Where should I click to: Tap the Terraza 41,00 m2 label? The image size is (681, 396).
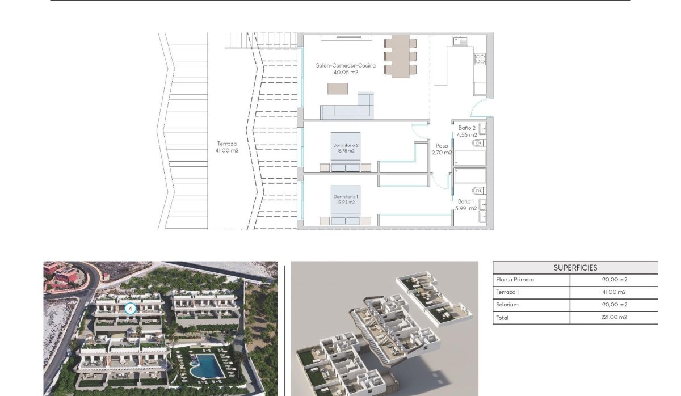click(x=226, y=148)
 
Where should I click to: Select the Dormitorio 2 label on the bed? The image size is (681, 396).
click(x=345, y=148)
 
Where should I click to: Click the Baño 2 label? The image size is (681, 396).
click(x=467, y=131)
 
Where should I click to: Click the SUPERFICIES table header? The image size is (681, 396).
click(x=575, y=268)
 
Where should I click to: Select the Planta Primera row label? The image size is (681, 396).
click(x=515, y=280)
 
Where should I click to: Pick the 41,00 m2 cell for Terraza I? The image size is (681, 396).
click(x=613, y=292)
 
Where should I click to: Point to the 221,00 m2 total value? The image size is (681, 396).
click(x=613, y=318)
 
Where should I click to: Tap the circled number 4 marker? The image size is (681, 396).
click(x=131, y=309)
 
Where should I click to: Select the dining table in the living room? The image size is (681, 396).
click(x=400, y=56)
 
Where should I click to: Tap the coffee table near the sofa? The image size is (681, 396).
click(x=338, y=89)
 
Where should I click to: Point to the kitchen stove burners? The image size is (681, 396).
click(x=480, y=58)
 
